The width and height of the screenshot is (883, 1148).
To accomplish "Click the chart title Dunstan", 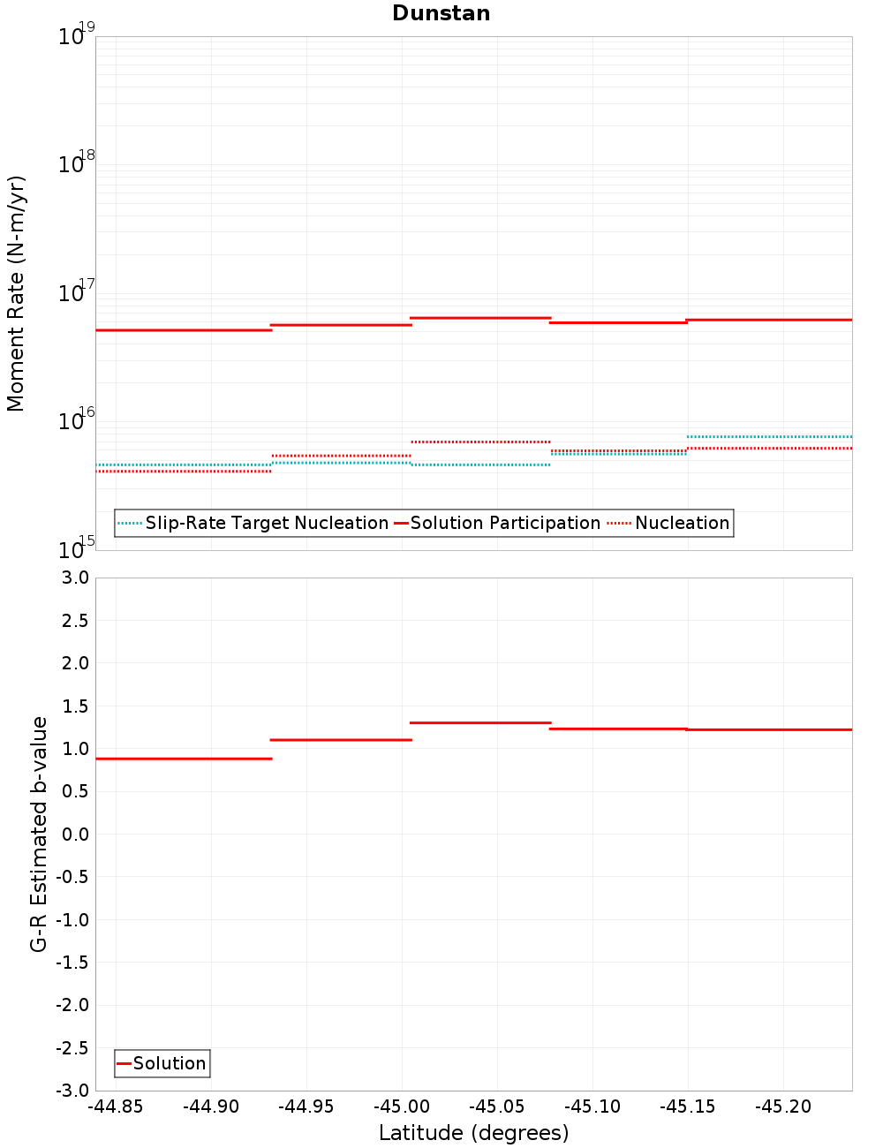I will coord(441,13).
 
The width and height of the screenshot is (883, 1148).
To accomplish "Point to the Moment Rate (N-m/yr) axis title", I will coord(16,293).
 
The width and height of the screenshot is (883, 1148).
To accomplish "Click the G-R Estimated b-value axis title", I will coord(39,834).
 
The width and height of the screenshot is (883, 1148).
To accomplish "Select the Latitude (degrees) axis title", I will coord(473,1133).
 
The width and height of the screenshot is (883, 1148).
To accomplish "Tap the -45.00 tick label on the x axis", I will coord(402,1107).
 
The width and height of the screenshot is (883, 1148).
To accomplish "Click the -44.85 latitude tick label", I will coord(116,1107).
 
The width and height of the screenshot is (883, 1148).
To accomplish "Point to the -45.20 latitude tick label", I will coord(783,1107).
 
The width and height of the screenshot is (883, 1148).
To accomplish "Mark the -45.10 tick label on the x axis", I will coord(592,1107).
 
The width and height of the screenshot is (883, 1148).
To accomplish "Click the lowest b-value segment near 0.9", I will coord(184,759).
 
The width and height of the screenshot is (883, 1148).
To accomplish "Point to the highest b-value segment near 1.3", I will coord(480,723).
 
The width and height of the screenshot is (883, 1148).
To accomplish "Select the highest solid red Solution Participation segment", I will coord(480,318).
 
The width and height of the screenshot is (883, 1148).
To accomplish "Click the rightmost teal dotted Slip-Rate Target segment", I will coord(769,436).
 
